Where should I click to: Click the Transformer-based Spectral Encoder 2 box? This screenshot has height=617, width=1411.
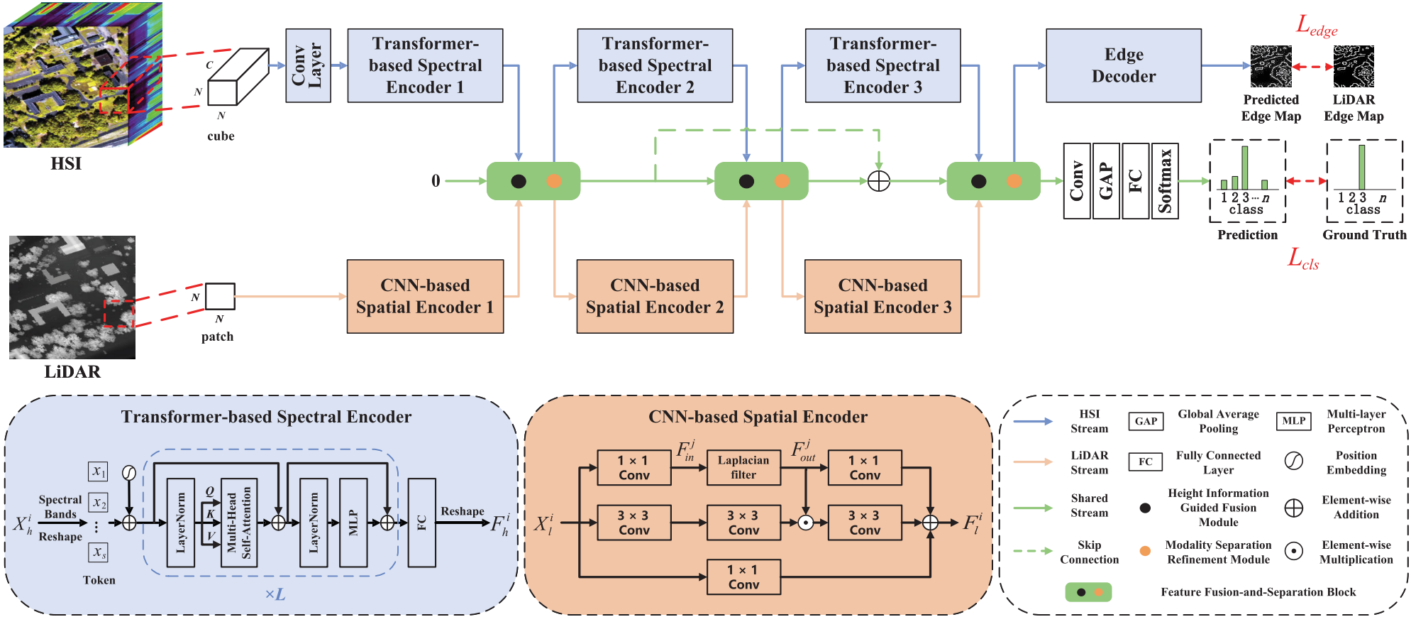point(655,66)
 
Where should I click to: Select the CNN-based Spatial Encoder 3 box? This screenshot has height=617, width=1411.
point(882,296)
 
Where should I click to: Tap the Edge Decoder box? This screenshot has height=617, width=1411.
point(1123,66)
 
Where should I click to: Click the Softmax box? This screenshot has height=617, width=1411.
point(1165,181)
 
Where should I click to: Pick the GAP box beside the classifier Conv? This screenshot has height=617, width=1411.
point(1106,181)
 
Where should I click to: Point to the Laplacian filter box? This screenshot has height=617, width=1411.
point(743,467)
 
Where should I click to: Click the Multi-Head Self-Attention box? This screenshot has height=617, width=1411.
point(238,523)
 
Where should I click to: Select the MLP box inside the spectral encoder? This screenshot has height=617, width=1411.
point(353,523)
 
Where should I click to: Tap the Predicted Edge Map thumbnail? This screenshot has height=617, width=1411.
point(1271,67)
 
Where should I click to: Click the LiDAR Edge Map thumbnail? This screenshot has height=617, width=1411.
point(1354,67)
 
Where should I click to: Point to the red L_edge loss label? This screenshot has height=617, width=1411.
point(1317,26)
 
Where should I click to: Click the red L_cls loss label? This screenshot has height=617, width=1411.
point(1303,259)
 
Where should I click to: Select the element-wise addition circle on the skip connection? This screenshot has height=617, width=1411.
point(879,181)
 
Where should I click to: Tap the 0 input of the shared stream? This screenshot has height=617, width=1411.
point(436,181)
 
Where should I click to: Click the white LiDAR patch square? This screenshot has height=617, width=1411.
point(220,297)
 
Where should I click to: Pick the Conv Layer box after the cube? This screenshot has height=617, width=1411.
point(308,66)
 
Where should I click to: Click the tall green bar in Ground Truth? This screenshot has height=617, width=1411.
point(1361,167)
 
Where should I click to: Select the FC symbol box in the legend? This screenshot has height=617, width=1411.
point(1145,462)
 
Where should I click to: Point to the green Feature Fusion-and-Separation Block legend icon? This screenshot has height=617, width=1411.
point(1088,592)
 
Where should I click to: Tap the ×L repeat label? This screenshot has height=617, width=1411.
point(275,595)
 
